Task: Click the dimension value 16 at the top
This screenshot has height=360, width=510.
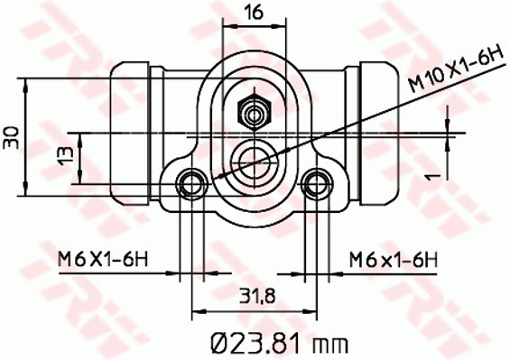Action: pos(254,12)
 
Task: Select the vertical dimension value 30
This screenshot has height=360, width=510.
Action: pos(12,136)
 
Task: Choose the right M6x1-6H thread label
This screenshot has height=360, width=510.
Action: pos(394,260)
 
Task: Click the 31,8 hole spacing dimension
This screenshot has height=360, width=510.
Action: pos(255,295)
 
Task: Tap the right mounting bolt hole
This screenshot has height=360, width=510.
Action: pos(315,184)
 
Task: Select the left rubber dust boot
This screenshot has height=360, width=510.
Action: pos(130,130)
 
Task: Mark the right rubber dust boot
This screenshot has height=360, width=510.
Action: pos(378,130)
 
